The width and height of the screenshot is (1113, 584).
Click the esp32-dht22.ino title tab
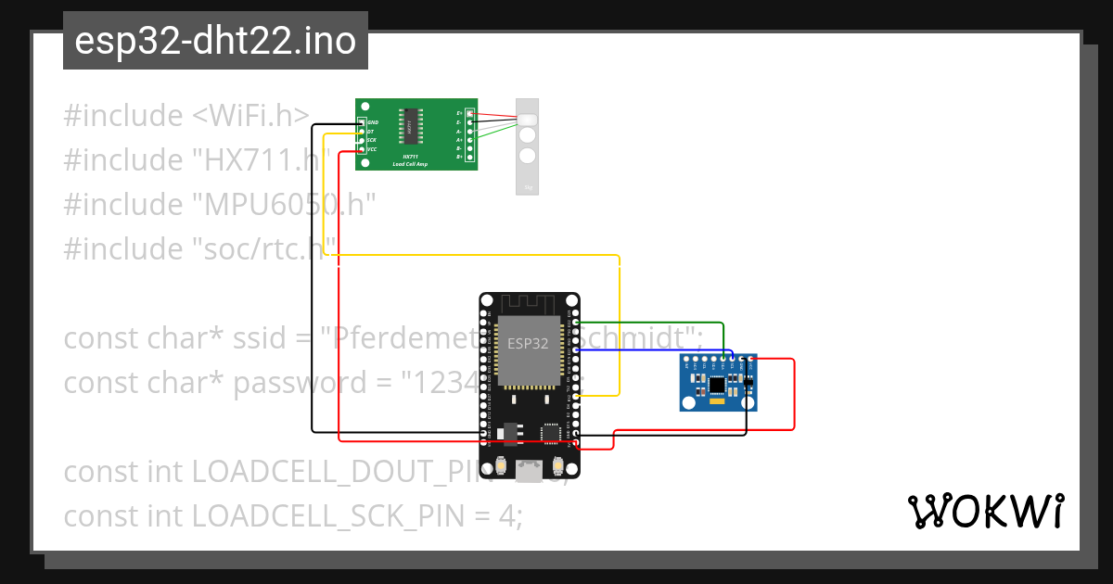coord(215,42)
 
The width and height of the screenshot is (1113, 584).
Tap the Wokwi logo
coord(985,511)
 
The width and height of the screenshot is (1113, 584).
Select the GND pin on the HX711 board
coord(363,122)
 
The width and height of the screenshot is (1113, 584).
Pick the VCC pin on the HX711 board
coord(363,149)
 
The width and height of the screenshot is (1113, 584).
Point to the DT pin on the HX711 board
coord(363,132)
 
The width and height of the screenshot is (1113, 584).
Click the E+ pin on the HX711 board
coord(470,113)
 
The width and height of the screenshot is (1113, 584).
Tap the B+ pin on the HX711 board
coord(470,157)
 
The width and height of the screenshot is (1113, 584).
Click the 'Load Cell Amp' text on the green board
coord(410,163)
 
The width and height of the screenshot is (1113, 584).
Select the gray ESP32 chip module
coord(529,350)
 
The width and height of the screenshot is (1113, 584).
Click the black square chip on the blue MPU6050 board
coord(717,384)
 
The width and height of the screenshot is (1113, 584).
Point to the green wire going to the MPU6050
coord(649,324)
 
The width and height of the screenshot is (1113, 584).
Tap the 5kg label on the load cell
coord(527,187)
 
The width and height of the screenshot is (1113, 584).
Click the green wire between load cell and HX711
coord(496,130)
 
